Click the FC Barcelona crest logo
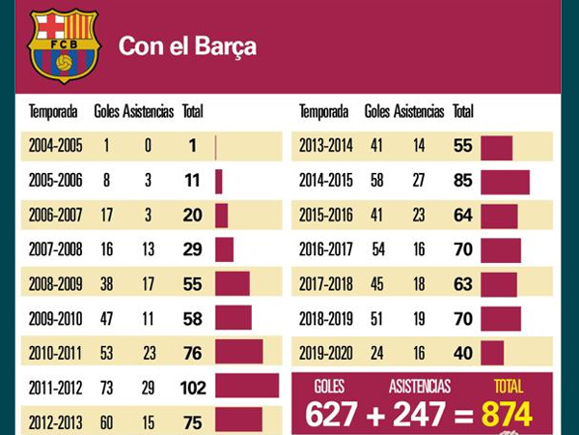(64, 45)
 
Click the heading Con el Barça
(187, 46)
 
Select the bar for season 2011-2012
(247, 386)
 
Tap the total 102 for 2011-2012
(193, 388)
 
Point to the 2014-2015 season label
(326, 181)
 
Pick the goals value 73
(106, 388)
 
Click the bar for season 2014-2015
(505, 182)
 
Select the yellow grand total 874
(507, 415)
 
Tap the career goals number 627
(331, 415)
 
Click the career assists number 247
(419, 415)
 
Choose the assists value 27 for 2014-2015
(419, 181)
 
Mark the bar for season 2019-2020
(492, 353)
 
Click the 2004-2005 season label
(55, 145)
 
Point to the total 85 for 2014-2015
(463, 181)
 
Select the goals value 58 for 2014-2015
(376, 181)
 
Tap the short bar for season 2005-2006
(219, 182)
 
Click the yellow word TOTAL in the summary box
(509, 387)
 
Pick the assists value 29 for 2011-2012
(148, 388)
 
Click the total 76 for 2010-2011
(193, 353)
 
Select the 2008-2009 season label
(55, 284)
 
